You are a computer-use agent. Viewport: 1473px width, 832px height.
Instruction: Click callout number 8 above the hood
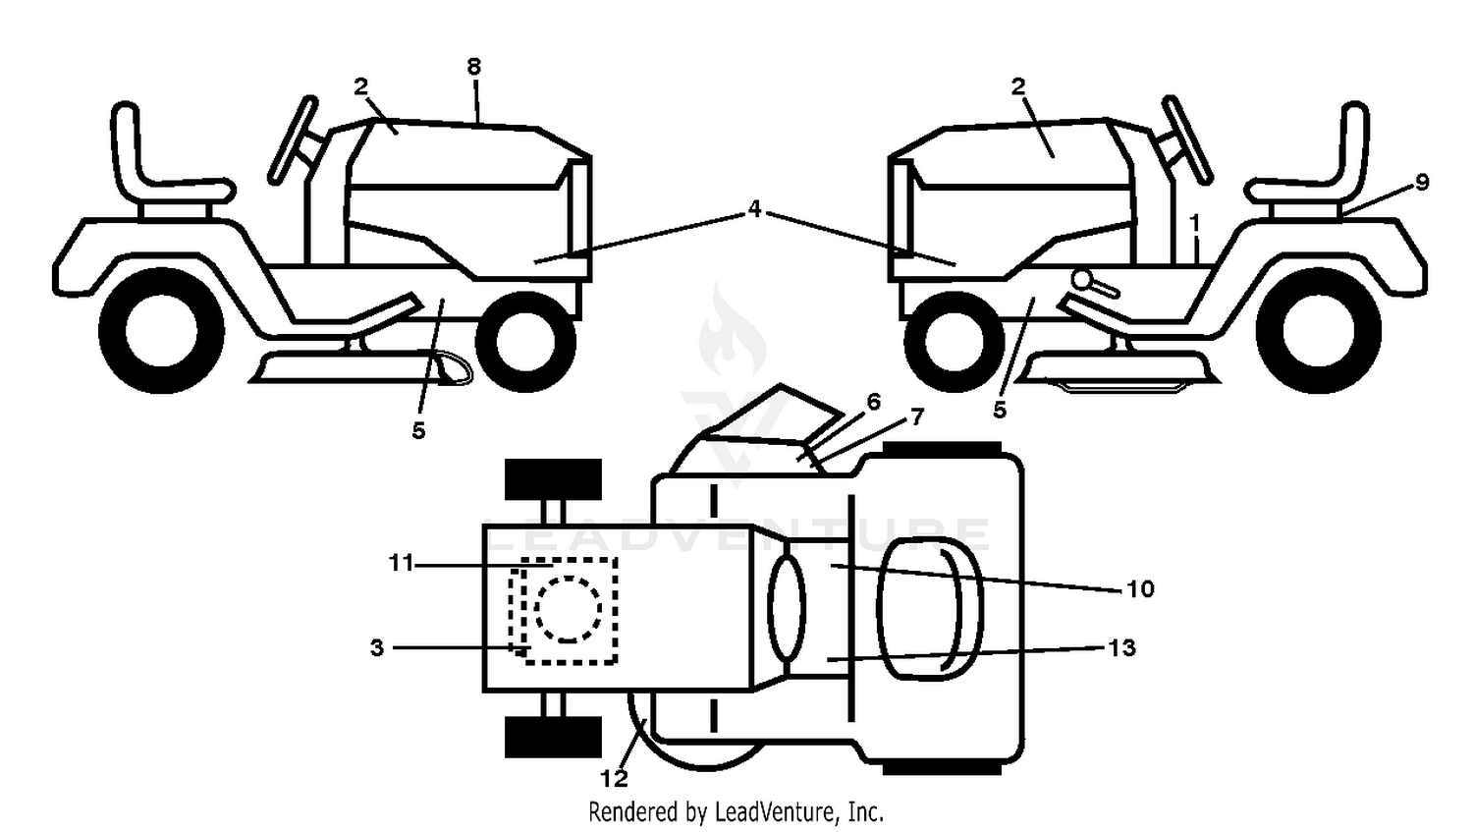pyautogui.click(x=474, y=67)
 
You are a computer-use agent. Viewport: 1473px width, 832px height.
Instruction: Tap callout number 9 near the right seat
pyautogui.click(x=1422, y=182)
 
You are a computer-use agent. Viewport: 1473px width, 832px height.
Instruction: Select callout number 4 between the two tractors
pyautogui.click(x=754, y=208)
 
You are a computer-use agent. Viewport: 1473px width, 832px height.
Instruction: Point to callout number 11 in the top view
pyautogui.click(x=401, y=564)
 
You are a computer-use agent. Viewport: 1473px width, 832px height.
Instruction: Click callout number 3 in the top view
pyautogui.click(x=377, y=648)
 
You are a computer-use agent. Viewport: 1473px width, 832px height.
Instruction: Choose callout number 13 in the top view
pyautogui.click(x=1121, y=648)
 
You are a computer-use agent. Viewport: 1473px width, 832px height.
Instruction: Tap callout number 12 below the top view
pyautogui.click(x=614, y=779)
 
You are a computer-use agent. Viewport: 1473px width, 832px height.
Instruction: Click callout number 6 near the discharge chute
pyautogui.click(x=873, y=401)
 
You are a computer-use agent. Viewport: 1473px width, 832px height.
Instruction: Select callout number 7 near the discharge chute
pyautogui.click(x=916, y=416)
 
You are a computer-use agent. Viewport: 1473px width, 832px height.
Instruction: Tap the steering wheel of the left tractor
pyautogui.click(x=294, y=139)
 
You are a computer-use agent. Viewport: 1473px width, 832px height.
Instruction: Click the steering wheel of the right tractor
pyautogui.click(x=1188, y=139)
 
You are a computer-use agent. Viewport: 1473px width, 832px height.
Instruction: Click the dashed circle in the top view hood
pyautogui.click(x=569, y=609)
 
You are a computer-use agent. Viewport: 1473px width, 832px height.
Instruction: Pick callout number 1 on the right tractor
pyautogui.click(x=1195, y=224)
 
